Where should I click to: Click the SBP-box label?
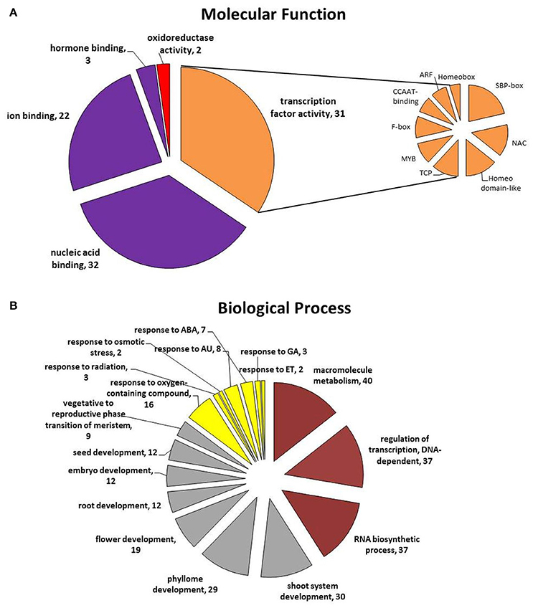(509, 86)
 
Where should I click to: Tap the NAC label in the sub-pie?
(519, 143)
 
